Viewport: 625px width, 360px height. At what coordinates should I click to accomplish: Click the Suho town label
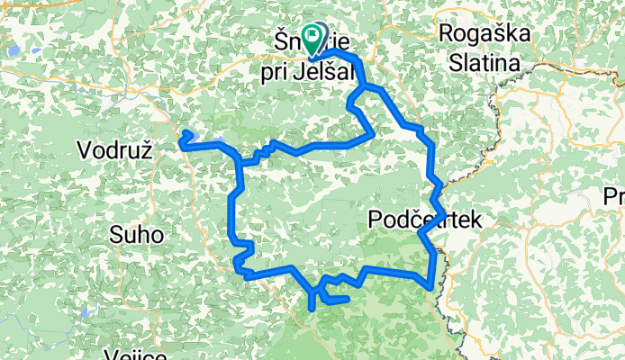click(x=136, y=236)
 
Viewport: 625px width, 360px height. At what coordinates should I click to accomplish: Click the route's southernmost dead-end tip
click(x=312, y=308)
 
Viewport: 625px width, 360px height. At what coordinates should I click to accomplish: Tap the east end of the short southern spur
click(x=347, y=299)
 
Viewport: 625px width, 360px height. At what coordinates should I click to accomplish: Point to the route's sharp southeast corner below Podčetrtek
click(x=434, y=287)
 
